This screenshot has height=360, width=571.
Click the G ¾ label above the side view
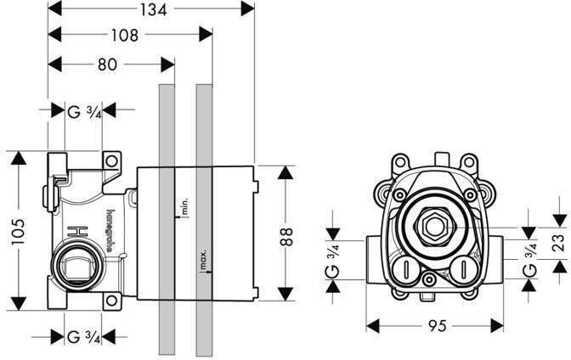(84, 110)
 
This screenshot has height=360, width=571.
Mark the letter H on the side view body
(74, 229)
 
